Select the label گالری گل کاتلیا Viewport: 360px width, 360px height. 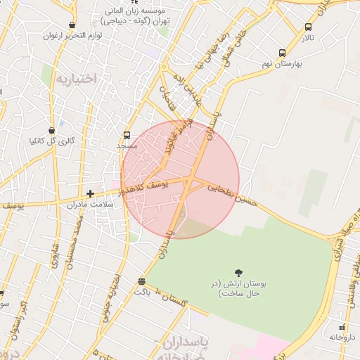[x=51, y=141]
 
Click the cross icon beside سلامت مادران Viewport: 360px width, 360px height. [x=90, y=193]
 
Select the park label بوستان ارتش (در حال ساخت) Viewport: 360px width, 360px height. [x=238, y=288]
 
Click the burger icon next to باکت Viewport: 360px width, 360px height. [x=143, y=281]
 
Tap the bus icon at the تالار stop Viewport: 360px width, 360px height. [x=308, y=27]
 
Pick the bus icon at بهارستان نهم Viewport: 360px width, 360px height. [x=282, y=53]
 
